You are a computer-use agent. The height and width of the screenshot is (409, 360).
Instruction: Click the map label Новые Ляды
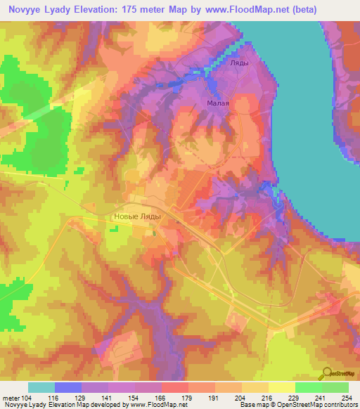pos(137,216)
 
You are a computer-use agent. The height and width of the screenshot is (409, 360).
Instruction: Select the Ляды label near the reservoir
pos(240,63)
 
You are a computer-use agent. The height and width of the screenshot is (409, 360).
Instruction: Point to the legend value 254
pos(347,398)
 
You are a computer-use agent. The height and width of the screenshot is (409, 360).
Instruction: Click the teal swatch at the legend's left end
pos(41,387)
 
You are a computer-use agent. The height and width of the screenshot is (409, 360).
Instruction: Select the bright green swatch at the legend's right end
pos(335,387)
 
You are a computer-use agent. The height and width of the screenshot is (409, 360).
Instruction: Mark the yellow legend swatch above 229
pos(281,387)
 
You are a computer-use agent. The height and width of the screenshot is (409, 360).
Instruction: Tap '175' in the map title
pos(132,10)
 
